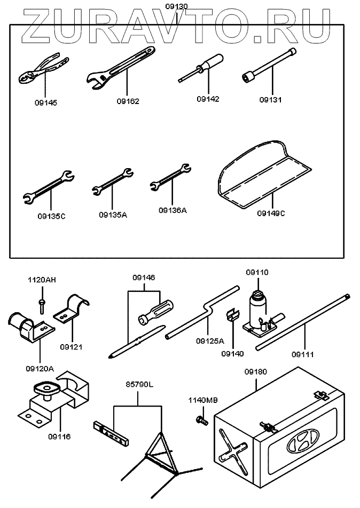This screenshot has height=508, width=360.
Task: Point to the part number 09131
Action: coord(270,99)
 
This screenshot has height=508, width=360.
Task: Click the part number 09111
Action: coord(302,353)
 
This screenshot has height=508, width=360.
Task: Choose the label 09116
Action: coord(59,436)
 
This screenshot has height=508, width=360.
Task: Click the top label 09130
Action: coord(176,5)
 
